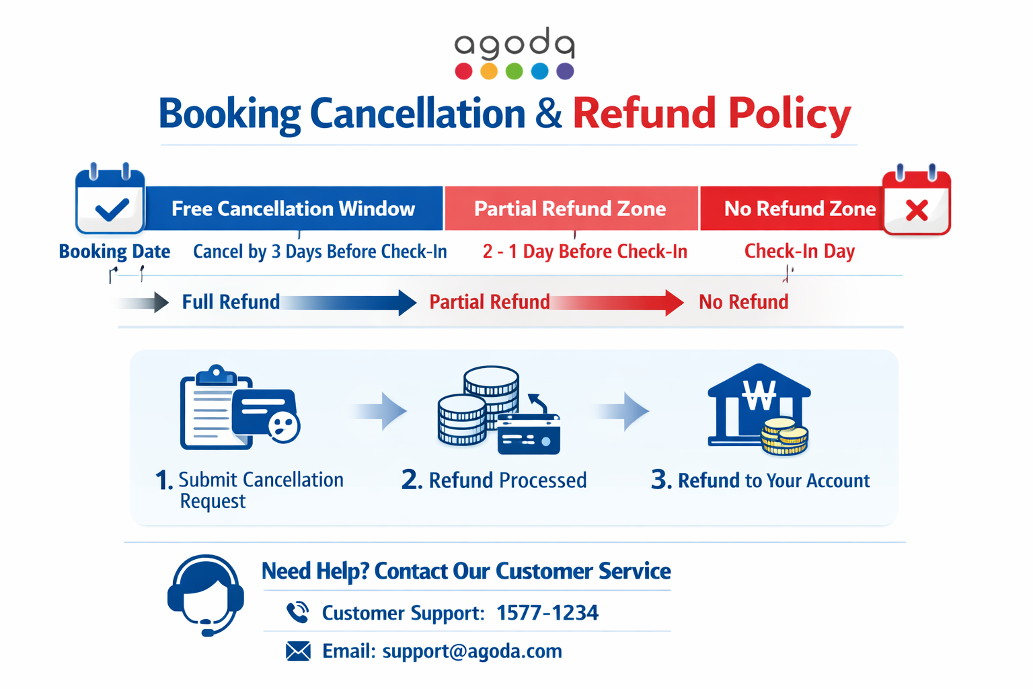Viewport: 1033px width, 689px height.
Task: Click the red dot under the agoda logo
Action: (463, 71)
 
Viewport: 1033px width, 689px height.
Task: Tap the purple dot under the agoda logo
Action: (565, 71)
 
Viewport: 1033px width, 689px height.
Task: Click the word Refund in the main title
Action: (644, 113)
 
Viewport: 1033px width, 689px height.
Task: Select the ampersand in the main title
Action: (548, 114)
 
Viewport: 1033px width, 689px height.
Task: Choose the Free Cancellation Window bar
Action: (294, 209)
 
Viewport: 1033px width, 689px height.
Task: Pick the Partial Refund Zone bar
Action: (571, 209)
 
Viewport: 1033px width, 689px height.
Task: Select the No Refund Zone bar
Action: (792, 209)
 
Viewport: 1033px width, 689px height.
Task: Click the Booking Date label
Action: (114, 252)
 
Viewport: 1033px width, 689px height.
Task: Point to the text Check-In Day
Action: (800, 252)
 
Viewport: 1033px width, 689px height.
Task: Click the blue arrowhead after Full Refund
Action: (407, 303)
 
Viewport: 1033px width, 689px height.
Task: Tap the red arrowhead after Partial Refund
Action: (675, 303)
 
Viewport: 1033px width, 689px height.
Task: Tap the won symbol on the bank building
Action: (759, 395)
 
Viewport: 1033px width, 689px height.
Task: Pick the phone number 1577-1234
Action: (547, 613)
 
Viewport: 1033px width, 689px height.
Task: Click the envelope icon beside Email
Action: (298, 651)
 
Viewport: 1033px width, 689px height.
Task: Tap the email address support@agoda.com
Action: (472, 651)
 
